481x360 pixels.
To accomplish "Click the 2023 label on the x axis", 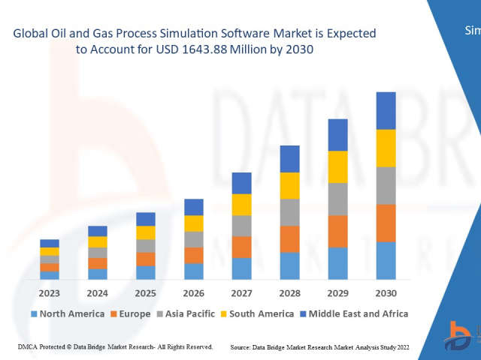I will pos(50,292).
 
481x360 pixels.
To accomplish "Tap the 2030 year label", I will pos(386,292).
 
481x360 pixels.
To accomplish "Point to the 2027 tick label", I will pos(242,292).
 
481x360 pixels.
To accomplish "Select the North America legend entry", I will pos(71,313).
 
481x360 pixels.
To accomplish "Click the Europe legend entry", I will pos(135,313).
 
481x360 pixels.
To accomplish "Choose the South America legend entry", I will pos(262,313).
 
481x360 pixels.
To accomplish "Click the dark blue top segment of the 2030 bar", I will pos(386,110).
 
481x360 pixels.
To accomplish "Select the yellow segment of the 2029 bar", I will pos(338,166).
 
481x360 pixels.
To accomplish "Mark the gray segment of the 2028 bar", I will pos(290,212).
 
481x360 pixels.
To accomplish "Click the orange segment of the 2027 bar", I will pos(242,247).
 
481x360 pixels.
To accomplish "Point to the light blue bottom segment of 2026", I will pos(194,271).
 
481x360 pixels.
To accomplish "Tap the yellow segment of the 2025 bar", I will pos(146,232).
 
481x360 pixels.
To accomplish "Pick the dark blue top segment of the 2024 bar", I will pos(98,231).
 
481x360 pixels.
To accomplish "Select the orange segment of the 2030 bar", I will pos(386,223).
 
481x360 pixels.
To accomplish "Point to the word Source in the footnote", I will pos(244,347).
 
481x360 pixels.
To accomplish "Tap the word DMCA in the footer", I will pos(27,347).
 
